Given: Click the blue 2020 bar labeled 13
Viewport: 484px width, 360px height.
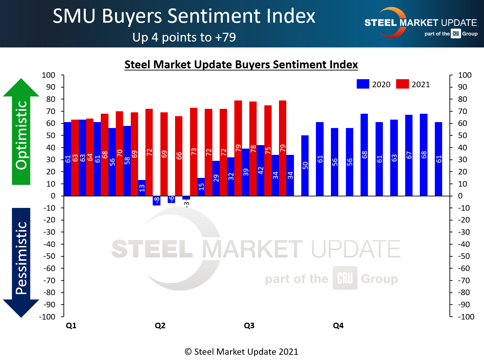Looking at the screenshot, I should [x=142, y=188].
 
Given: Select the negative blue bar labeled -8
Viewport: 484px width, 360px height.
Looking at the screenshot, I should [x=157, y=201].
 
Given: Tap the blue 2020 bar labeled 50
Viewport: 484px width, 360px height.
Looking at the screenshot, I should [x=305, y=165].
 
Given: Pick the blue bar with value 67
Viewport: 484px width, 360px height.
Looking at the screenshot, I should [x=409, y=155].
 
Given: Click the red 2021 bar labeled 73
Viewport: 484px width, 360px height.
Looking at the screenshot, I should [x=194, y=151].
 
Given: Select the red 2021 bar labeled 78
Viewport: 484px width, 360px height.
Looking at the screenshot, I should [x=253, y=148].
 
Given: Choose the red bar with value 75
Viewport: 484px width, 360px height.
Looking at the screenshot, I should [x=268, y=150].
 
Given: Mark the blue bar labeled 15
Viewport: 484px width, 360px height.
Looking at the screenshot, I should [x=201, y=187].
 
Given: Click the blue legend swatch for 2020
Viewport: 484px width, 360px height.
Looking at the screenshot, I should [x=363, y=84].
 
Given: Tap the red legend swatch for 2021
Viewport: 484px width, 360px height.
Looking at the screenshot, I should [x=402, y=84].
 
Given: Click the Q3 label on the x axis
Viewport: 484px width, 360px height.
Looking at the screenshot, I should [x=249, y=325].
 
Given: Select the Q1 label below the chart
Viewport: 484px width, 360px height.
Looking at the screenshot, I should [x=71, y=325].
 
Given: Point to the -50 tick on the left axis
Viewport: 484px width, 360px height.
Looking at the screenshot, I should [x=49, y=256].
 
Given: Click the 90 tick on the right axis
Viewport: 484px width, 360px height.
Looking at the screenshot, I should [x=462, y=87].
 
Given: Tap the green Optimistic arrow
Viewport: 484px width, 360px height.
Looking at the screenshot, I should [x=21, y=133].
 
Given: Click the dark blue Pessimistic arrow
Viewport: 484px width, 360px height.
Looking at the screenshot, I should [x=21, y=262].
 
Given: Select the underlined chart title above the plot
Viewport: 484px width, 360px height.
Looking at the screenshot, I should [x=241, y=65].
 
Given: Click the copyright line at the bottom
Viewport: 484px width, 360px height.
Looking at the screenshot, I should [x=241, y=352].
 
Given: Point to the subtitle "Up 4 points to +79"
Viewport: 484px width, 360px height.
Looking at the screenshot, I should [x=184, y=37].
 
